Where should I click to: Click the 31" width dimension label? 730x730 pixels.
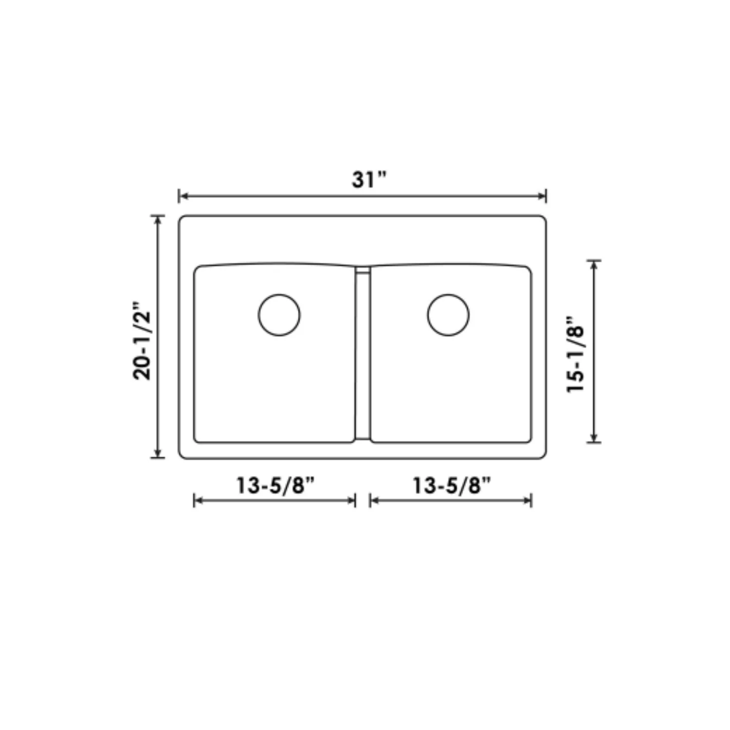click(368, 180)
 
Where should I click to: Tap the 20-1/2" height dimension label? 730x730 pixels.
click(142, 339)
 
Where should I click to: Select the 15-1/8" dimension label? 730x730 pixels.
click(575, 354)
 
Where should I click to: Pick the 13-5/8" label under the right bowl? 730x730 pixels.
click(452, 485)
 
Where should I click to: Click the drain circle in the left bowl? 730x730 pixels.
click(279, 315)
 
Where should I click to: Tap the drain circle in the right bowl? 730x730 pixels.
click(448, 315)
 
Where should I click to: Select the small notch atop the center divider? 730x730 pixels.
click(363, 269)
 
